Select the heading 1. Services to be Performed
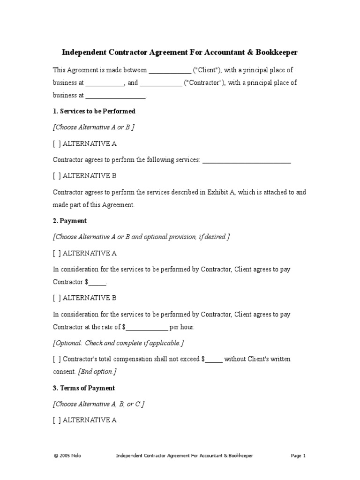point(94,112)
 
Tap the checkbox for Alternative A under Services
point(57,144)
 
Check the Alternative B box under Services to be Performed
point(57,176)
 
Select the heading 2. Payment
point(70,221)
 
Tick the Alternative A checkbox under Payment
point(57,254)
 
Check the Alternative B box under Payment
point(57,298)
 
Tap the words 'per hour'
point(181,327)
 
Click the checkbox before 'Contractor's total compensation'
point(57,360)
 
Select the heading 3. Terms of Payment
point(84,389)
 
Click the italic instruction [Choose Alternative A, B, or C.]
point(99,404)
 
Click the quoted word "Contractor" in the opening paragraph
point(204,83)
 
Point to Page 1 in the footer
point(298,456)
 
